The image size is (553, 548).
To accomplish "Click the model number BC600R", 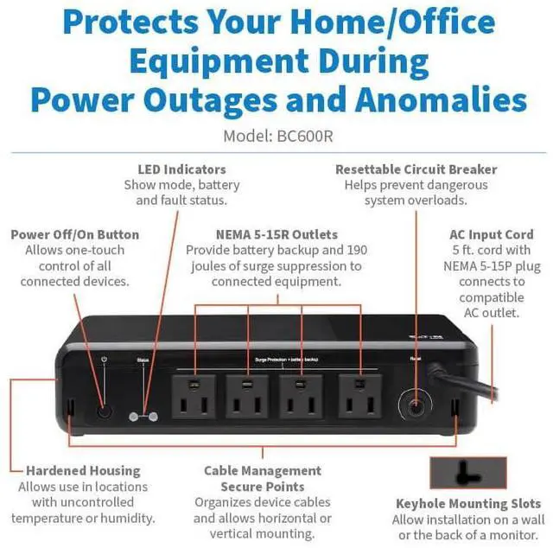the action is (307, 136).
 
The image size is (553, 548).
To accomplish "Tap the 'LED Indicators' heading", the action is (181, 169).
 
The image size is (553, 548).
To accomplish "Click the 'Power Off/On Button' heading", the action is (74, 234).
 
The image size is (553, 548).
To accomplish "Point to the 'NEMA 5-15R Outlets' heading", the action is (277, 234).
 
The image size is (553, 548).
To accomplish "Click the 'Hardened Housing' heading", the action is (83, 470).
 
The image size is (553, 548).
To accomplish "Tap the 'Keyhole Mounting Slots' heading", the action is (468, 503).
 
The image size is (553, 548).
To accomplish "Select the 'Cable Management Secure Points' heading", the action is (262, 479).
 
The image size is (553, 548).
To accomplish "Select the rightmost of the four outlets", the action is (360, 396).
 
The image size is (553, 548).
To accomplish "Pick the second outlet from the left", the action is (248, 396).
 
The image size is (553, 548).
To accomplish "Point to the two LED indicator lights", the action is (143, 415).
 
